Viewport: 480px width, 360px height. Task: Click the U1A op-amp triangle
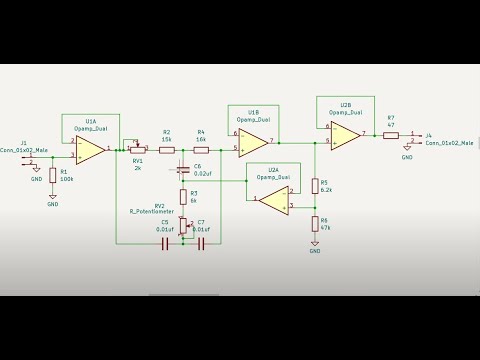[91, 150]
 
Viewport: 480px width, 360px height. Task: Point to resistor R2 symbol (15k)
[167, 149]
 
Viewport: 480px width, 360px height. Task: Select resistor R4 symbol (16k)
[201, 149]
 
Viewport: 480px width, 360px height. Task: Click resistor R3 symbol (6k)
[183, 197]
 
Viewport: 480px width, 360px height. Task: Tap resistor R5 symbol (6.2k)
[315, 186]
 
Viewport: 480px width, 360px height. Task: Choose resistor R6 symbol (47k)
[315, 223]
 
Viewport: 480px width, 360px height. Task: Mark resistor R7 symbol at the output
[390, 134]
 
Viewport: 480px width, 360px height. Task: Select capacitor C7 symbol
[201, 242]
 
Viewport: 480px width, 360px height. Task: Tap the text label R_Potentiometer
[152, 212]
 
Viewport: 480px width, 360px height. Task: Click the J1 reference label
[23, 142]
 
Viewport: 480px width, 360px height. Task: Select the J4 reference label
[428, 135]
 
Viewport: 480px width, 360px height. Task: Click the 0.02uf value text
[202, 173]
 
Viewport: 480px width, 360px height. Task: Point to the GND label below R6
[315, 251]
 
